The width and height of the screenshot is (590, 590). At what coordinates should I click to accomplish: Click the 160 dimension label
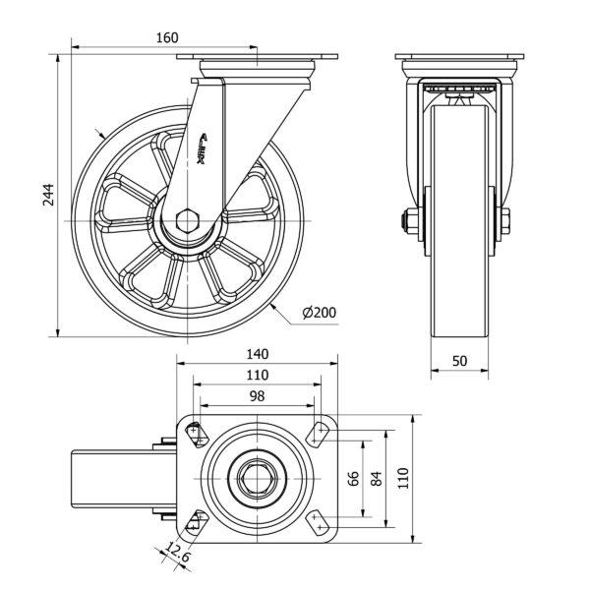click(x=166, y=37)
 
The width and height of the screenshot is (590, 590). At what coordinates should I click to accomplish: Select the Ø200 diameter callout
click(x=321, y=313)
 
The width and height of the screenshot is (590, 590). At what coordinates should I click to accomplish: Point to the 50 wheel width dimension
click(x=459, y=361)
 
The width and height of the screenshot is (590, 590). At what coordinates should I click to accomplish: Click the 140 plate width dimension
click(x=258, y=354)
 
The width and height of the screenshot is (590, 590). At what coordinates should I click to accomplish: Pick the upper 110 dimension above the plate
click(x=258, y=375)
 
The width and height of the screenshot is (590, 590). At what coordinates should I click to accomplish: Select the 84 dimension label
click(x=376, y=479)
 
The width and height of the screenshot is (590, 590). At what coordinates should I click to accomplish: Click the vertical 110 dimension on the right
click(x=401, y=479)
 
